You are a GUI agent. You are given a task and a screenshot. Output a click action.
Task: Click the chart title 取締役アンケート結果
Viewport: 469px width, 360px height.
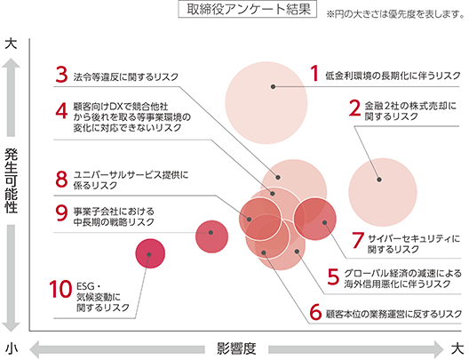click(x=249, y=10)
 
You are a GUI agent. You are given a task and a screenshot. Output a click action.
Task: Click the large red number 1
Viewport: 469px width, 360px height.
click(x=314, y=73)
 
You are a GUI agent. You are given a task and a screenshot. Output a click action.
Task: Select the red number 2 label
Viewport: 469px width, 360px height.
click(x=354, y=108)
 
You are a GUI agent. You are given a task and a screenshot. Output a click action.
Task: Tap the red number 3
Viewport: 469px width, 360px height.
click(x=62, y=74)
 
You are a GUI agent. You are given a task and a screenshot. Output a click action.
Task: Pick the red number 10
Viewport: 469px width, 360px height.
click(x=61, y=289)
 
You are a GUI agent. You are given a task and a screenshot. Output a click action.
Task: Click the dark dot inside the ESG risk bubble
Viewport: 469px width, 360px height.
click(x=149, y=254)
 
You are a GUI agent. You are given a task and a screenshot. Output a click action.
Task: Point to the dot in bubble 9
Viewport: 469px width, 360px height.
click(x=211, y=233)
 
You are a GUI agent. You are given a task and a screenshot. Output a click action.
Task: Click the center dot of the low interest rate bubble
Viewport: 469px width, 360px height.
click(x=273, y=87)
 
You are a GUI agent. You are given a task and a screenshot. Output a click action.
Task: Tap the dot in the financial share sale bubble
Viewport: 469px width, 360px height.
click(x=379, y=180)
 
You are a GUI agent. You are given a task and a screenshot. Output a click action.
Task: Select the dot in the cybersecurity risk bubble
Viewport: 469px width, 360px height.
click(x=324, y=222)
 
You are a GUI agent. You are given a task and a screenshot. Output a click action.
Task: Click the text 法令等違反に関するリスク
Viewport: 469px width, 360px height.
click(x=126, y=77)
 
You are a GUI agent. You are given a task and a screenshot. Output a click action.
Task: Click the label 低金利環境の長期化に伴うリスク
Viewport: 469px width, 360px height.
click(x=393, y=76)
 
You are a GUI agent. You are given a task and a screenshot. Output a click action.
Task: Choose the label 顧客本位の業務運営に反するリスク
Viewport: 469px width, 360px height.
click(x=393, y=314)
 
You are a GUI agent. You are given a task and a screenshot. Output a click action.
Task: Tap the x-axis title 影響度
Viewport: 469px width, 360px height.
click(x=236, y=348)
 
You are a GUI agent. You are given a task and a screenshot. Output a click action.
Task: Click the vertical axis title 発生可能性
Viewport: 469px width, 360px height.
click(x=11, y=181)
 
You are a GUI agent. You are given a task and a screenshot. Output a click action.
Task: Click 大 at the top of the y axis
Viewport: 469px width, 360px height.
click(x=11, y=44)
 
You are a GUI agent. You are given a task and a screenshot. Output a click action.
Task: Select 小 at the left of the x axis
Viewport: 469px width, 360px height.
click(x=11, y=349)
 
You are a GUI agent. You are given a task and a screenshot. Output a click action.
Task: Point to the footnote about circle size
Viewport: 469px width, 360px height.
click(x=395, y=13)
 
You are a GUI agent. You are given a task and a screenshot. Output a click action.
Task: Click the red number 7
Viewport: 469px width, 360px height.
click(x=358, y=240)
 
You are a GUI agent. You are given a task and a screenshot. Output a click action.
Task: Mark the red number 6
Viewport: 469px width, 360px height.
click(x=315, y=312)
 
